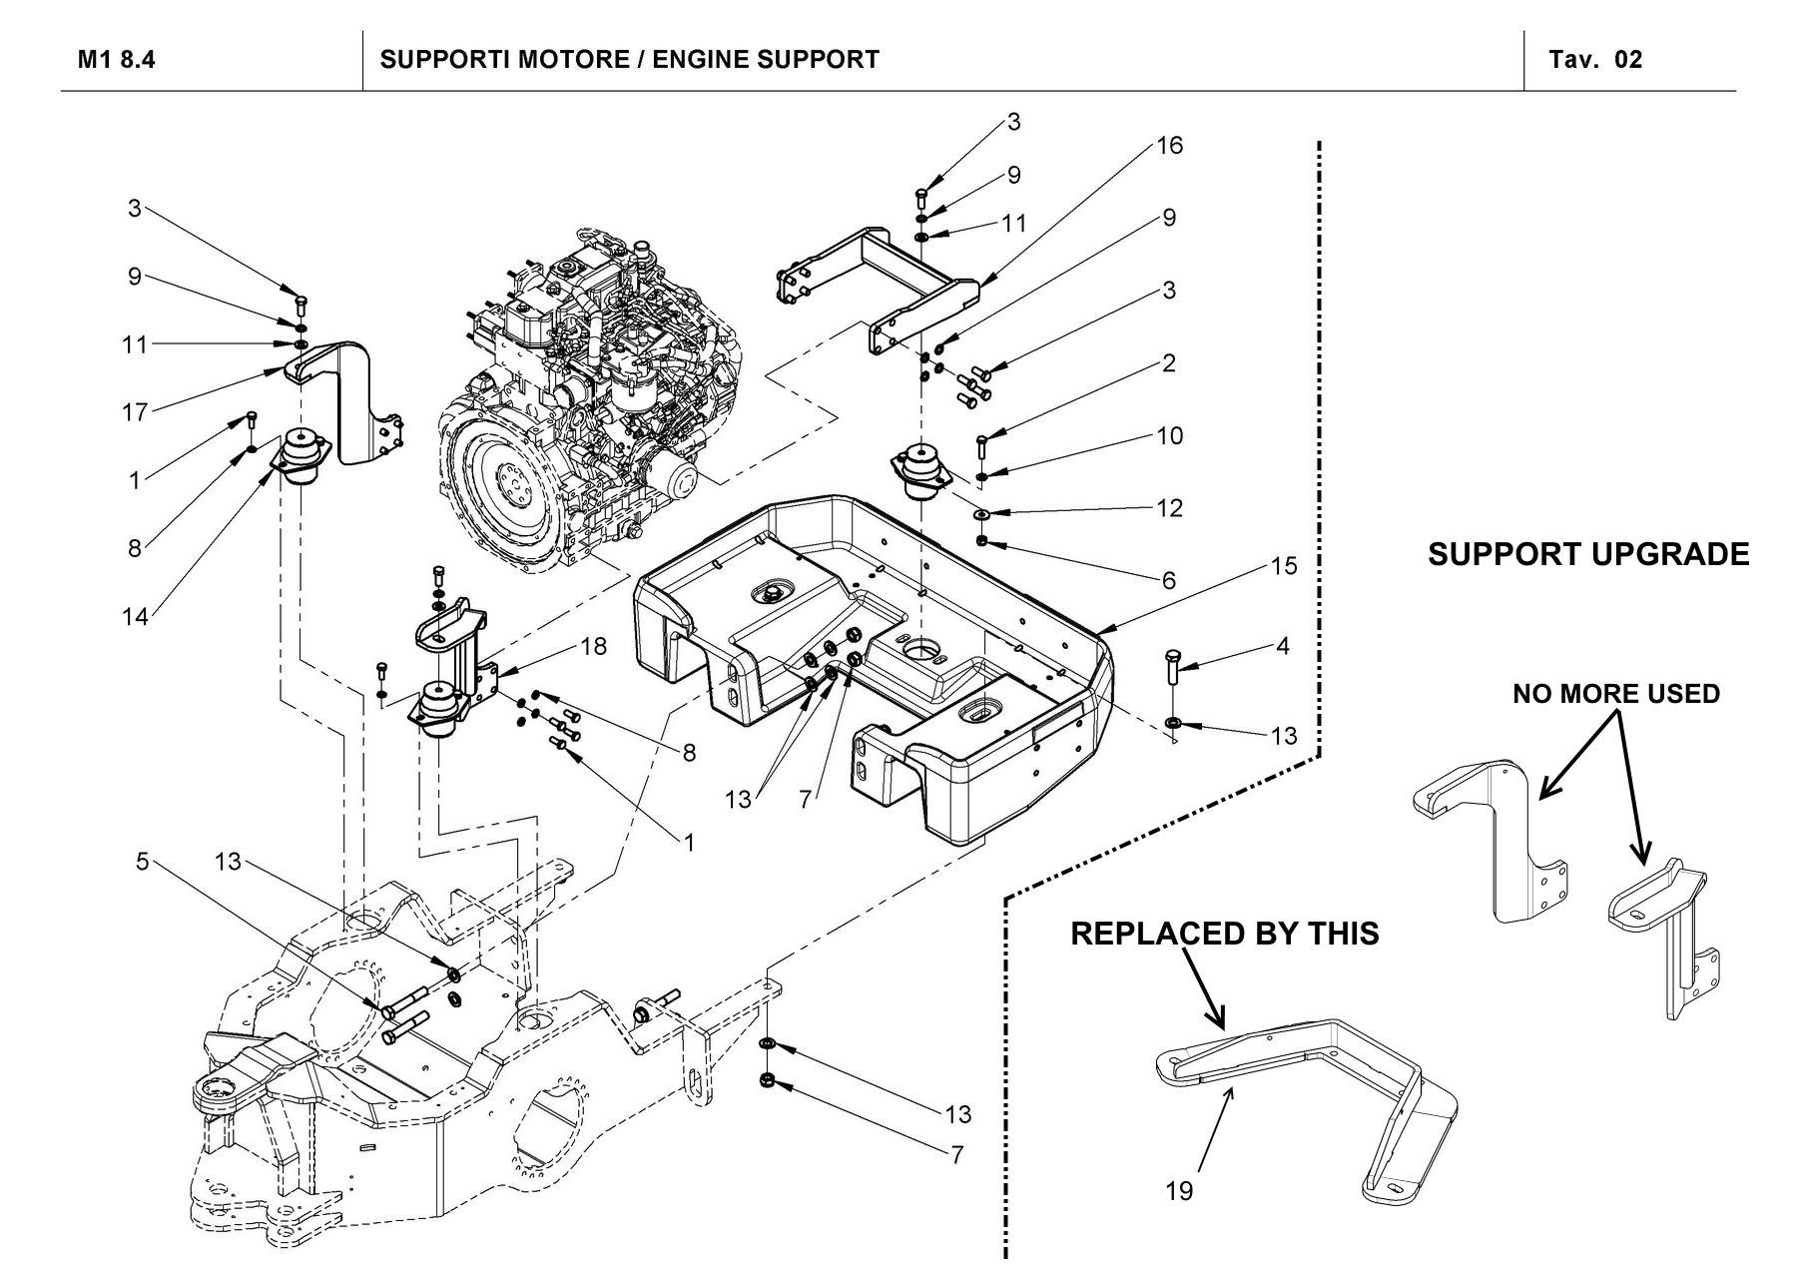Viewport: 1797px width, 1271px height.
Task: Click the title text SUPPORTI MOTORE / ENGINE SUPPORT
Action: [630, 60]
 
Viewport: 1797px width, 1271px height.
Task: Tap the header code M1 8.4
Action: [117, 60]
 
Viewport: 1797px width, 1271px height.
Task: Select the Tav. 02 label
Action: [1595, 60]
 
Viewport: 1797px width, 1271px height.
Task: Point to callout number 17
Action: [135, 411]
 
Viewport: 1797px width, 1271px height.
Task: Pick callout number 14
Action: [135, 617]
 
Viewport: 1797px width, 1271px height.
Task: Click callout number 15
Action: [1284, 566]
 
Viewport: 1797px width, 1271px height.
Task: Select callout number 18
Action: [593, 646]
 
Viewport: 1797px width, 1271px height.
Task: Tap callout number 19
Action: [1179, 1190]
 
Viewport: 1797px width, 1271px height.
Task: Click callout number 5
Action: [143, 861]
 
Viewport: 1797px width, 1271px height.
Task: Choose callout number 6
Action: [1169, 580]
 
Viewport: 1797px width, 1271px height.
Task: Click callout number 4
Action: [1283, 646]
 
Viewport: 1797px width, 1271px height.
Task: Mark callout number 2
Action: [1169, 362]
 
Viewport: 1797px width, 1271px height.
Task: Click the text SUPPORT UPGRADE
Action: [1588, 554]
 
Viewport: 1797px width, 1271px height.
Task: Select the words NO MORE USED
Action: [1616, 694]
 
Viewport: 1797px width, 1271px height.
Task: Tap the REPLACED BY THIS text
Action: [1225, 934]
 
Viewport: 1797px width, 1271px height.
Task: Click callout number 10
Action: [1169, 435]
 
